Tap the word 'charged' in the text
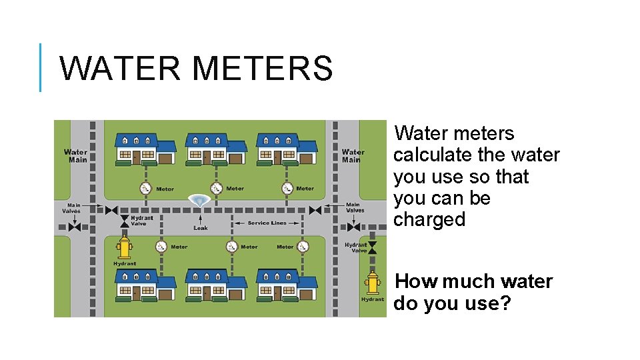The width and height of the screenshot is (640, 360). tap(429, 220)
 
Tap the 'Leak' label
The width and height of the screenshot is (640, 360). tap(201, 228)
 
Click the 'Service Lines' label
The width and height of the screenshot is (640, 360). tap(267, 223)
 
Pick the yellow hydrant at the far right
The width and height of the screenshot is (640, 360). tap(373, 282)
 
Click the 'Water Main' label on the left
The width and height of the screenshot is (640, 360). tap(75, 156)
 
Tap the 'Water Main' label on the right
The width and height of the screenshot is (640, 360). tap(353, 156)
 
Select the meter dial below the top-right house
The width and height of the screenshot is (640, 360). tap(287, 189)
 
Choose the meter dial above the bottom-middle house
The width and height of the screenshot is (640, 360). tap(231, 247)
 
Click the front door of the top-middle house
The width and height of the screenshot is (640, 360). tap(207, 157)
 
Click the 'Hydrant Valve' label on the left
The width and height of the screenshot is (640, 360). tap(141, 221)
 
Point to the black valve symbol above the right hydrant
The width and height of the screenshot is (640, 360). tap(372, 247)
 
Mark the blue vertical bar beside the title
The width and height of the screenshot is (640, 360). tap(40, 67)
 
